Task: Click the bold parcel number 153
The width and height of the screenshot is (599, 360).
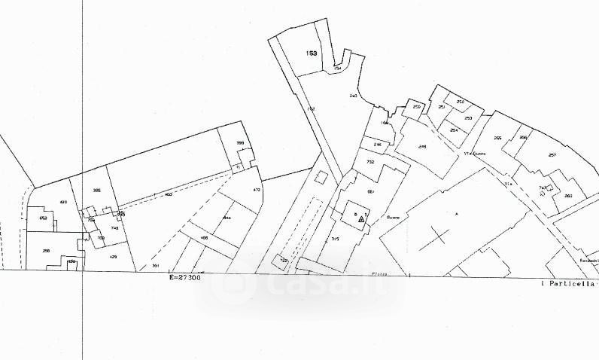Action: coord(312,53)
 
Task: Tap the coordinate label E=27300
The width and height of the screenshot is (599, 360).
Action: coord(186,278)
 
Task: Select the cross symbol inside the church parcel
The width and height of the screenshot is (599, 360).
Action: coord(439,234)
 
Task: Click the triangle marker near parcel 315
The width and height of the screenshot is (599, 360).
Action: coord(362,219)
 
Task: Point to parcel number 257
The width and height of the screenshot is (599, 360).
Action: coord(552,155)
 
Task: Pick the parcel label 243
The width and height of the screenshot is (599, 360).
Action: coord(354,96)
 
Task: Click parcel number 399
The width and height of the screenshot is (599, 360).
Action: coord(241,142)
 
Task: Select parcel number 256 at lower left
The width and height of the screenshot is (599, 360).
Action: coord(47,249)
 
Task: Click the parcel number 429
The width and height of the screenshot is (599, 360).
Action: coord(114,258)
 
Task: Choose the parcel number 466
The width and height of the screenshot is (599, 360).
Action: coord(204,238)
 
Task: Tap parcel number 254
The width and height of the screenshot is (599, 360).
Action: coord(454,130)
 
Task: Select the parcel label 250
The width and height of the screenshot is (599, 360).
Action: coord(417,107)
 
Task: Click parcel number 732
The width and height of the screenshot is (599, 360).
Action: coord(370,162)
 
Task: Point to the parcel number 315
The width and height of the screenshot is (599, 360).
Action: coord(336,239)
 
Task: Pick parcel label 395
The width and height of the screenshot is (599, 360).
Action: coord(96,190)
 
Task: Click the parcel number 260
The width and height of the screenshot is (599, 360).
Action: coord(568,196)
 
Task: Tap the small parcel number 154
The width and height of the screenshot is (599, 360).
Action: coord(338,69)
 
